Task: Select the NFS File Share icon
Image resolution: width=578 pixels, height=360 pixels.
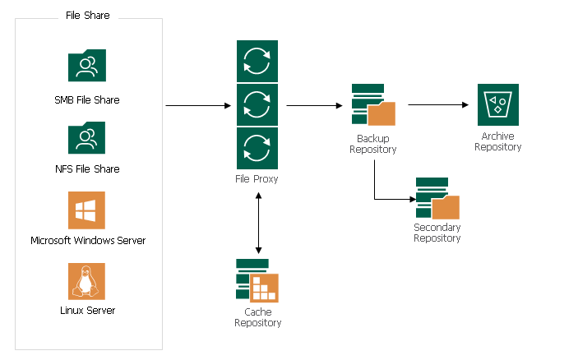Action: (86, 138)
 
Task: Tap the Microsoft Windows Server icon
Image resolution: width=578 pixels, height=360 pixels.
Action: (86, 210)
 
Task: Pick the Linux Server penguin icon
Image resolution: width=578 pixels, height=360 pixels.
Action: (86, 281)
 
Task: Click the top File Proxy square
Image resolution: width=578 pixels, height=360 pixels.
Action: (257, 61)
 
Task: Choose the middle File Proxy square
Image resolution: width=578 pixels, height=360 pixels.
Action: (257, 104)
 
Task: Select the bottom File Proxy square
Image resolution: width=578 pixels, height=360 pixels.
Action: (257, 148)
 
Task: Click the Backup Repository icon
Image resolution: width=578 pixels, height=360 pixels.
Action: (372, 105)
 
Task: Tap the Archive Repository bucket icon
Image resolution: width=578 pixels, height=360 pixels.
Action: (497, 104)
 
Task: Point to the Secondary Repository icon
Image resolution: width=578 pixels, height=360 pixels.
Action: (437, 198)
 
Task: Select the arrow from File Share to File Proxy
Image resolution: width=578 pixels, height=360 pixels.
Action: (198, 106)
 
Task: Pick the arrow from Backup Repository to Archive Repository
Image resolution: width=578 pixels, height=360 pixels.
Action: (439, 105)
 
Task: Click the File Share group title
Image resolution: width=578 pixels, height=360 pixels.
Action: (88, 16)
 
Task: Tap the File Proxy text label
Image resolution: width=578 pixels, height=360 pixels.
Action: (257, 178)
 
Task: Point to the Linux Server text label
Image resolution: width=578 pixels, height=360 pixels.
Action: (88, 311)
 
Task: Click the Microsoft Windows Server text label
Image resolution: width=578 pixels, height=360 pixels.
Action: (88, 240)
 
